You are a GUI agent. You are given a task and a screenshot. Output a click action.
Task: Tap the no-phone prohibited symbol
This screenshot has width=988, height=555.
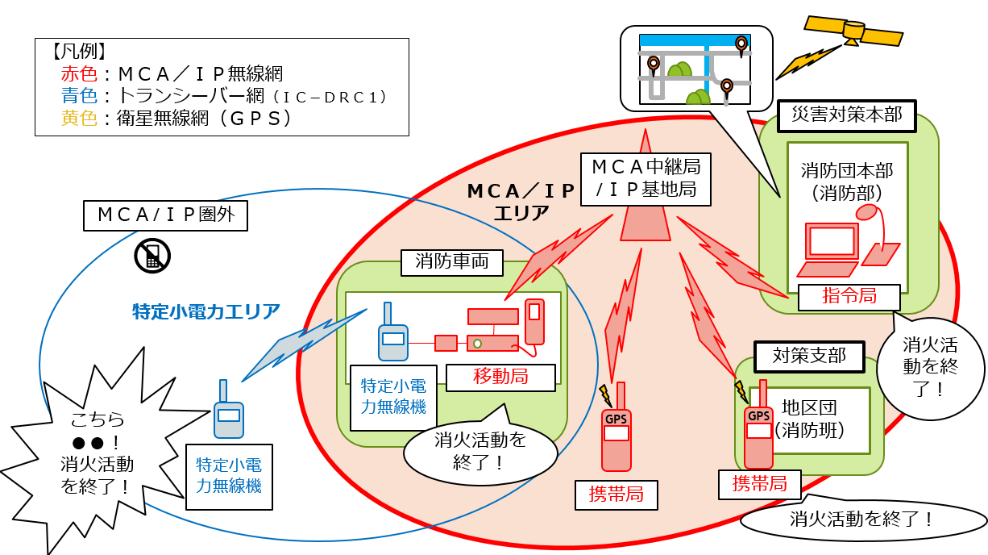[152, 255]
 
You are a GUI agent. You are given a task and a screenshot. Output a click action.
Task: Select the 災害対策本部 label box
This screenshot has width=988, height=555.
[846, 115]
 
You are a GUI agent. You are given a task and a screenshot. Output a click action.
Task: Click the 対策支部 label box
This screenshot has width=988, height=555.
[808, 356]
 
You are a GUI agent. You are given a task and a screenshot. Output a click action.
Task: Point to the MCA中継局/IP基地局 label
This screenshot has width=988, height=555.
[645, 180]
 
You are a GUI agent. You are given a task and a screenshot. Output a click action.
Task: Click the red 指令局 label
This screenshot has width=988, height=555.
[849, 297]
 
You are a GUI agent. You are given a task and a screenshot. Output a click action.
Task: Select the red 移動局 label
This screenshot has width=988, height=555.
[500, 377]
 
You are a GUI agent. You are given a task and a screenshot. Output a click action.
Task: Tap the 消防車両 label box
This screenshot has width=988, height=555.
[451, 261]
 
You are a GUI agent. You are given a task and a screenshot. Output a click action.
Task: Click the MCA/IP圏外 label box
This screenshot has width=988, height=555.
[165, 215]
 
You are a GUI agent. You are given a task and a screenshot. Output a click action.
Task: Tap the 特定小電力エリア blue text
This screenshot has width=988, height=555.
[206, 311]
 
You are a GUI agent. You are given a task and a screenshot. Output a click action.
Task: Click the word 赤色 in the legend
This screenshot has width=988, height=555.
[78, 74]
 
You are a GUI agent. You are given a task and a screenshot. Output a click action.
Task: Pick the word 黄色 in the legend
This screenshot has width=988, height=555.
[78, 118]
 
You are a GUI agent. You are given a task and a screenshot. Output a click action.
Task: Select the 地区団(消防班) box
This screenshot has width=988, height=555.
[809, 419]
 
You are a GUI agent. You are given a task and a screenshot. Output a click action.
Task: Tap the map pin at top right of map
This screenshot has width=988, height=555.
[741, 44]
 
